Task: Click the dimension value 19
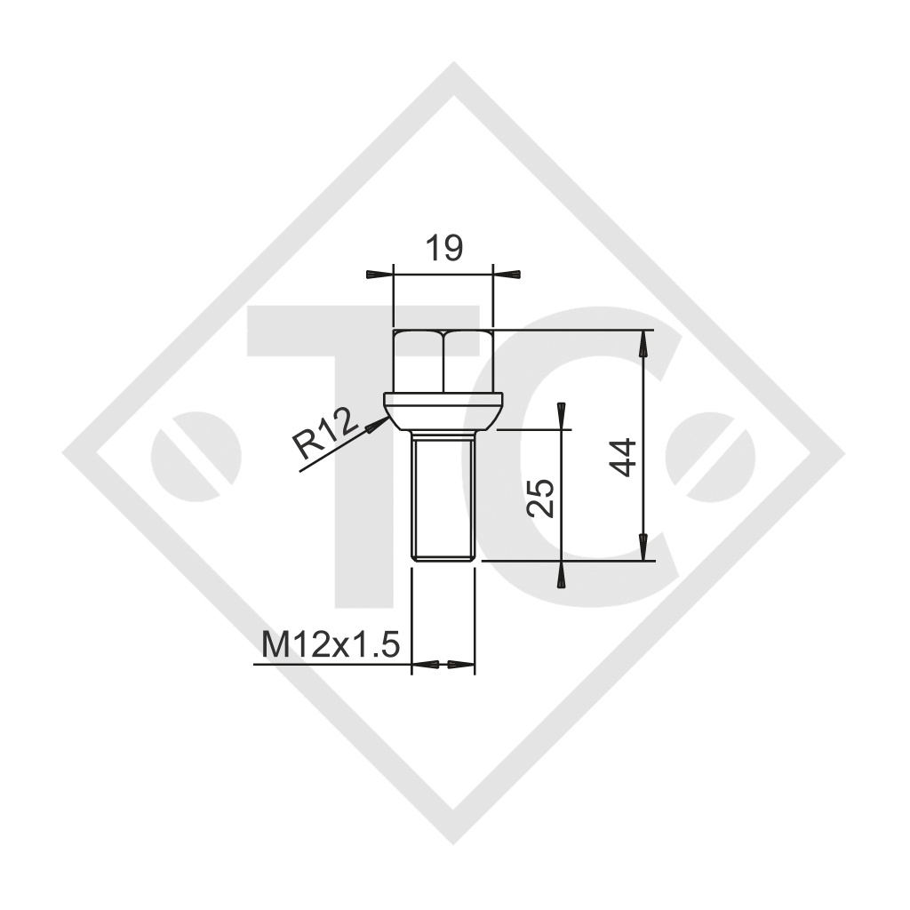point(442,249)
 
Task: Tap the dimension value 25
point(541,498)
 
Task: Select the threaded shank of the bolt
point(443,493)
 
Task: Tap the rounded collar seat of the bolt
point(443,411)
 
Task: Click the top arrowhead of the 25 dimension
point(562,414)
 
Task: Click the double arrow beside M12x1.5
point(443,664)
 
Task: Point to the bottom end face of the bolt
point(443,559)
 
